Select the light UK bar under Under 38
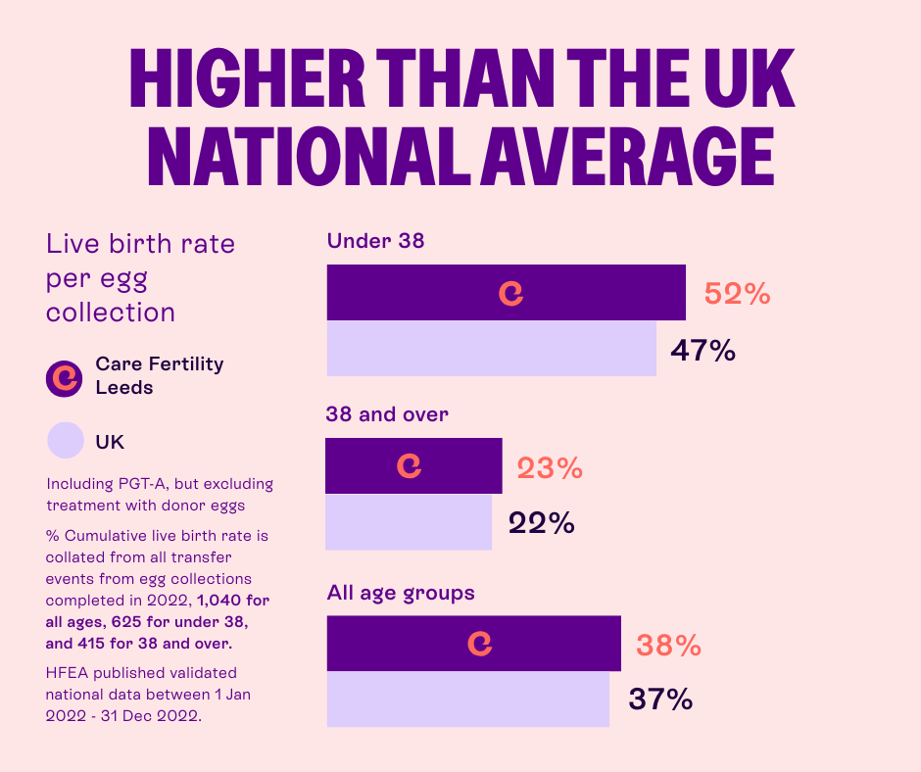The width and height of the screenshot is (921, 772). (x=491, y=349)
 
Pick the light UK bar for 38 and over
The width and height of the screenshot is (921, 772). (x=408, y=522)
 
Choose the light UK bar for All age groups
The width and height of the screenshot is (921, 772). (x=467, y=700)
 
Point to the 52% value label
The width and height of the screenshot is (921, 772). (x=737, y=294)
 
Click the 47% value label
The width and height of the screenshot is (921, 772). (x=703, y=350)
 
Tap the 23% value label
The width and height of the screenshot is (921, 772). (x=550, y=468)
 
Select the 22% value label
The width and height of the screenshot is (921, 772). (x=541, y=523)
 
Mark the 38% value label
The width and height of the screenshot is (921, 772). (x=668, y=646)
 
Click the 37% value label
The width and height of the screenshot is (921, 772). (x=659, y=700)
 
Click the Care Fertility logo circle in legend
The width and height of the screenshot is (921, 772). (x=66, y=376)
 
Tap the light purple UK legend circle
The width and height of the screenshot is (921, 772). (x=66, y=441)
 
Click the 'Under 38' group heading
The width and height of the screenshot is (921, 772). (x=375, y=240)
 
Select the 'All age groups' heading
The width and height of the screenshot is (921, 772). (x=400, y=593)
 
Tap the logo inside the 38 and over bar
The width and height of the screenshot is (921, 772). (x=409, y=466)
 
